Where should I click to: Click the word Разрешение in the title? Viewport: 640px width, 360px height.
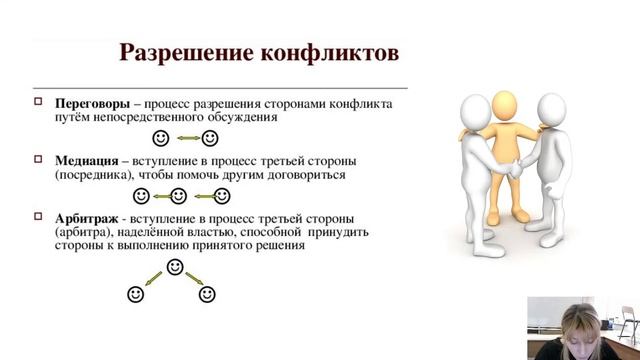[x=180, y=51]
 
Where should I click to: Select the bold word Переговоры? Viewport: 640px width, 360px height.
[x=91, y=103]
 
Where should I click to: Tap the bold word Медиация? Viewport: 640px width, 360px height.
[x=86, y=160]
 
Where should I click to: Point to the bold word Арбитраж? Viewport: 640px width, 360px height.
[x=87, y=218]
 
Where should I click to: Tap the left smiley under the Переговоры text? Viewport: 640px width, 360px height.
[x=160, y=137]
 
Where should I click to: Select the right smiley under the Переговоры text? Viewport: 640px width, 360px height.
[x=210, y=137]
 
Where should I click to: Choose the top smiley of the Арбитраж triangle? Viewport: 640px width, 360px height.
[x=175, y=267]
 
